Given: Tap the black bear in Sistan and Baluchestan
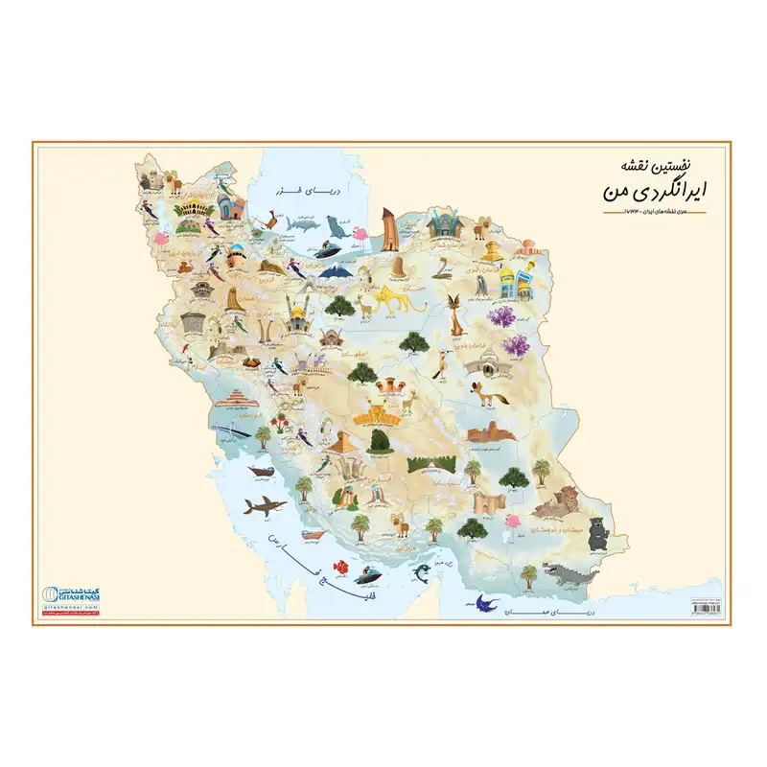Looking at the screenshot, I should click(598, 533).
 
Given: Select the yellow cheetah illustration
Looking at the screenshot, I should click(395, 300).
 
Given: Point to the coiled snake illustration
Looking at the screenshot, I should click(443, 266).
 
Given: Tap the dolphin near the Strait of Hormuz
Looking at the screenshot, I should click(420, 574).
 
